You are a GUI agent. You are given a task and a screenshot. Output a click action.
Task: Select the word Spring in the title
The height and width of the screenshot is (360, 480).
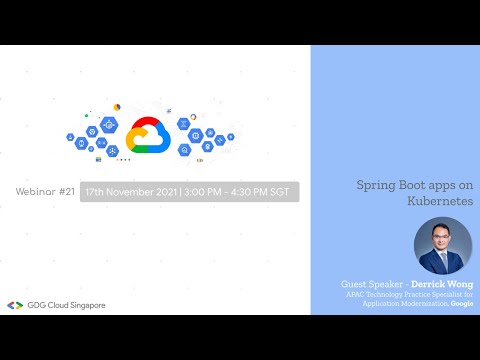(377, 186)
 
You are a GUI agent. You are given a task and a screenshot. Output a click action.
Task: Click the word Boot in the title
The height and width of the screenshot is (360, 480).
(415, 186)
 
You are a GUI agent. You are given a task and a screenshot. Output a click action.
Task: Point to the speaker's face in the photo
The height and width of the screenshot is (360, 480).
(441, 238)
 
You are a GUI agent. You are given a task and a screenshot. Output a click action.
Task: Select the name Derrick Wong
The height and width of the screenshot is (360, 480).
(444, 285)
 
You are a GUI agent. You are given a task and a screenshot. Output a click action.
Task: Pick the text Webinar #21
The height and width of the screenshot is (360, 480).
(46, 190)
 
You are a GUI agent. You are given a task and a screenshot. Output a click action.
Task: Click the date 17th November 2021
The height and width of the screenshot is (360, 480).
(130, 191)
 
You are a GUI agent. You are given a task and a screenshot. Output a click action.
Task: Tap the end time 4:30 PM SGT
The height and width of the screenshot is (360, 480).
(264, 191)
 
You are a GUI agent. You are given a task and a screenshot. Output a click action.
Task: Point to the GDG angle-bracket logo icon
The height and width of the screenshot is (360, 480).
(14, 305)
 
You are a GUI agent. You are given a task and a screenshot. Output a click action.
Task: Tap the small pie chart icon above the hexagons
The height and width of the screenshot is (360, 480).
(117, 107)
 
